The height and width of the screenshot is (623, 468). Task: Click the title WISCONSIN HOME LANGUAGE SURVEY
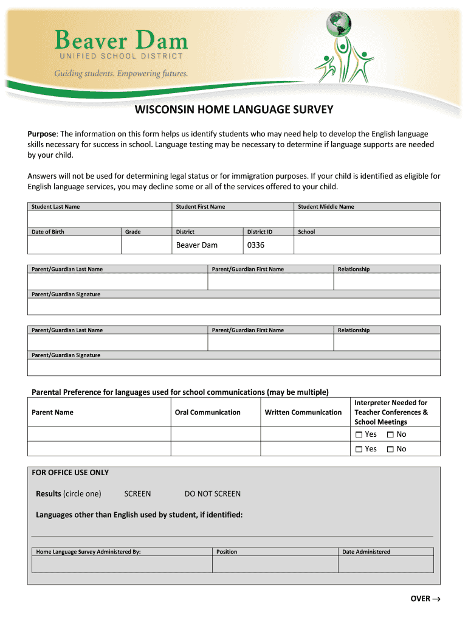234,110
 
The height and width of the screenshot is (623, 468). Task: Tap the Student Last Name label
55,207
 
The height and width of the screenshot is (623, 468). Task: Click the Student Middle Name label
325,207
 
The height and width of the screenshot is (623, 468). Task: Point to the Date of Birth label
47,232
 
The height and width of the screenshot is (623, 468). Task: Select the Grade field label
132,232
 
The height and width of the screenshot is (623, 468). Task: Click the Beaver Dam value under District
196,245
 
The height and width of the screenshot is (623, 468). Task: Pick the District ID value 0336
256,245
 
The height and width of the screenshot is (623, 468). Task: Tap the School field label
306,232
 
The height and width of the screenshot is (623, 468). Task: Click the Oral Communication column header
207,412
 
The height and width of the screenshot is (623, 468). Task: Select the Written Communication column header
303,412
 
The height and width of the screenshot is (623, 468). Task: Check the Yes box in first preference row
359,434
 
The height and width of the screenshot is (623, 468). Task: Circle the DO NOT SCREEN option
212,494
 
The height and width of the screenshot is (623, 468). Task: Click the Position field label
227,552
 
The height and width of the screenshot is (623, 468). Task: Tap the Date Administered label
366,552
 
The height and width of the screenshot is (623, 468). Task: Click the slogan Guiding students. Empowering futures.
121,74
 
